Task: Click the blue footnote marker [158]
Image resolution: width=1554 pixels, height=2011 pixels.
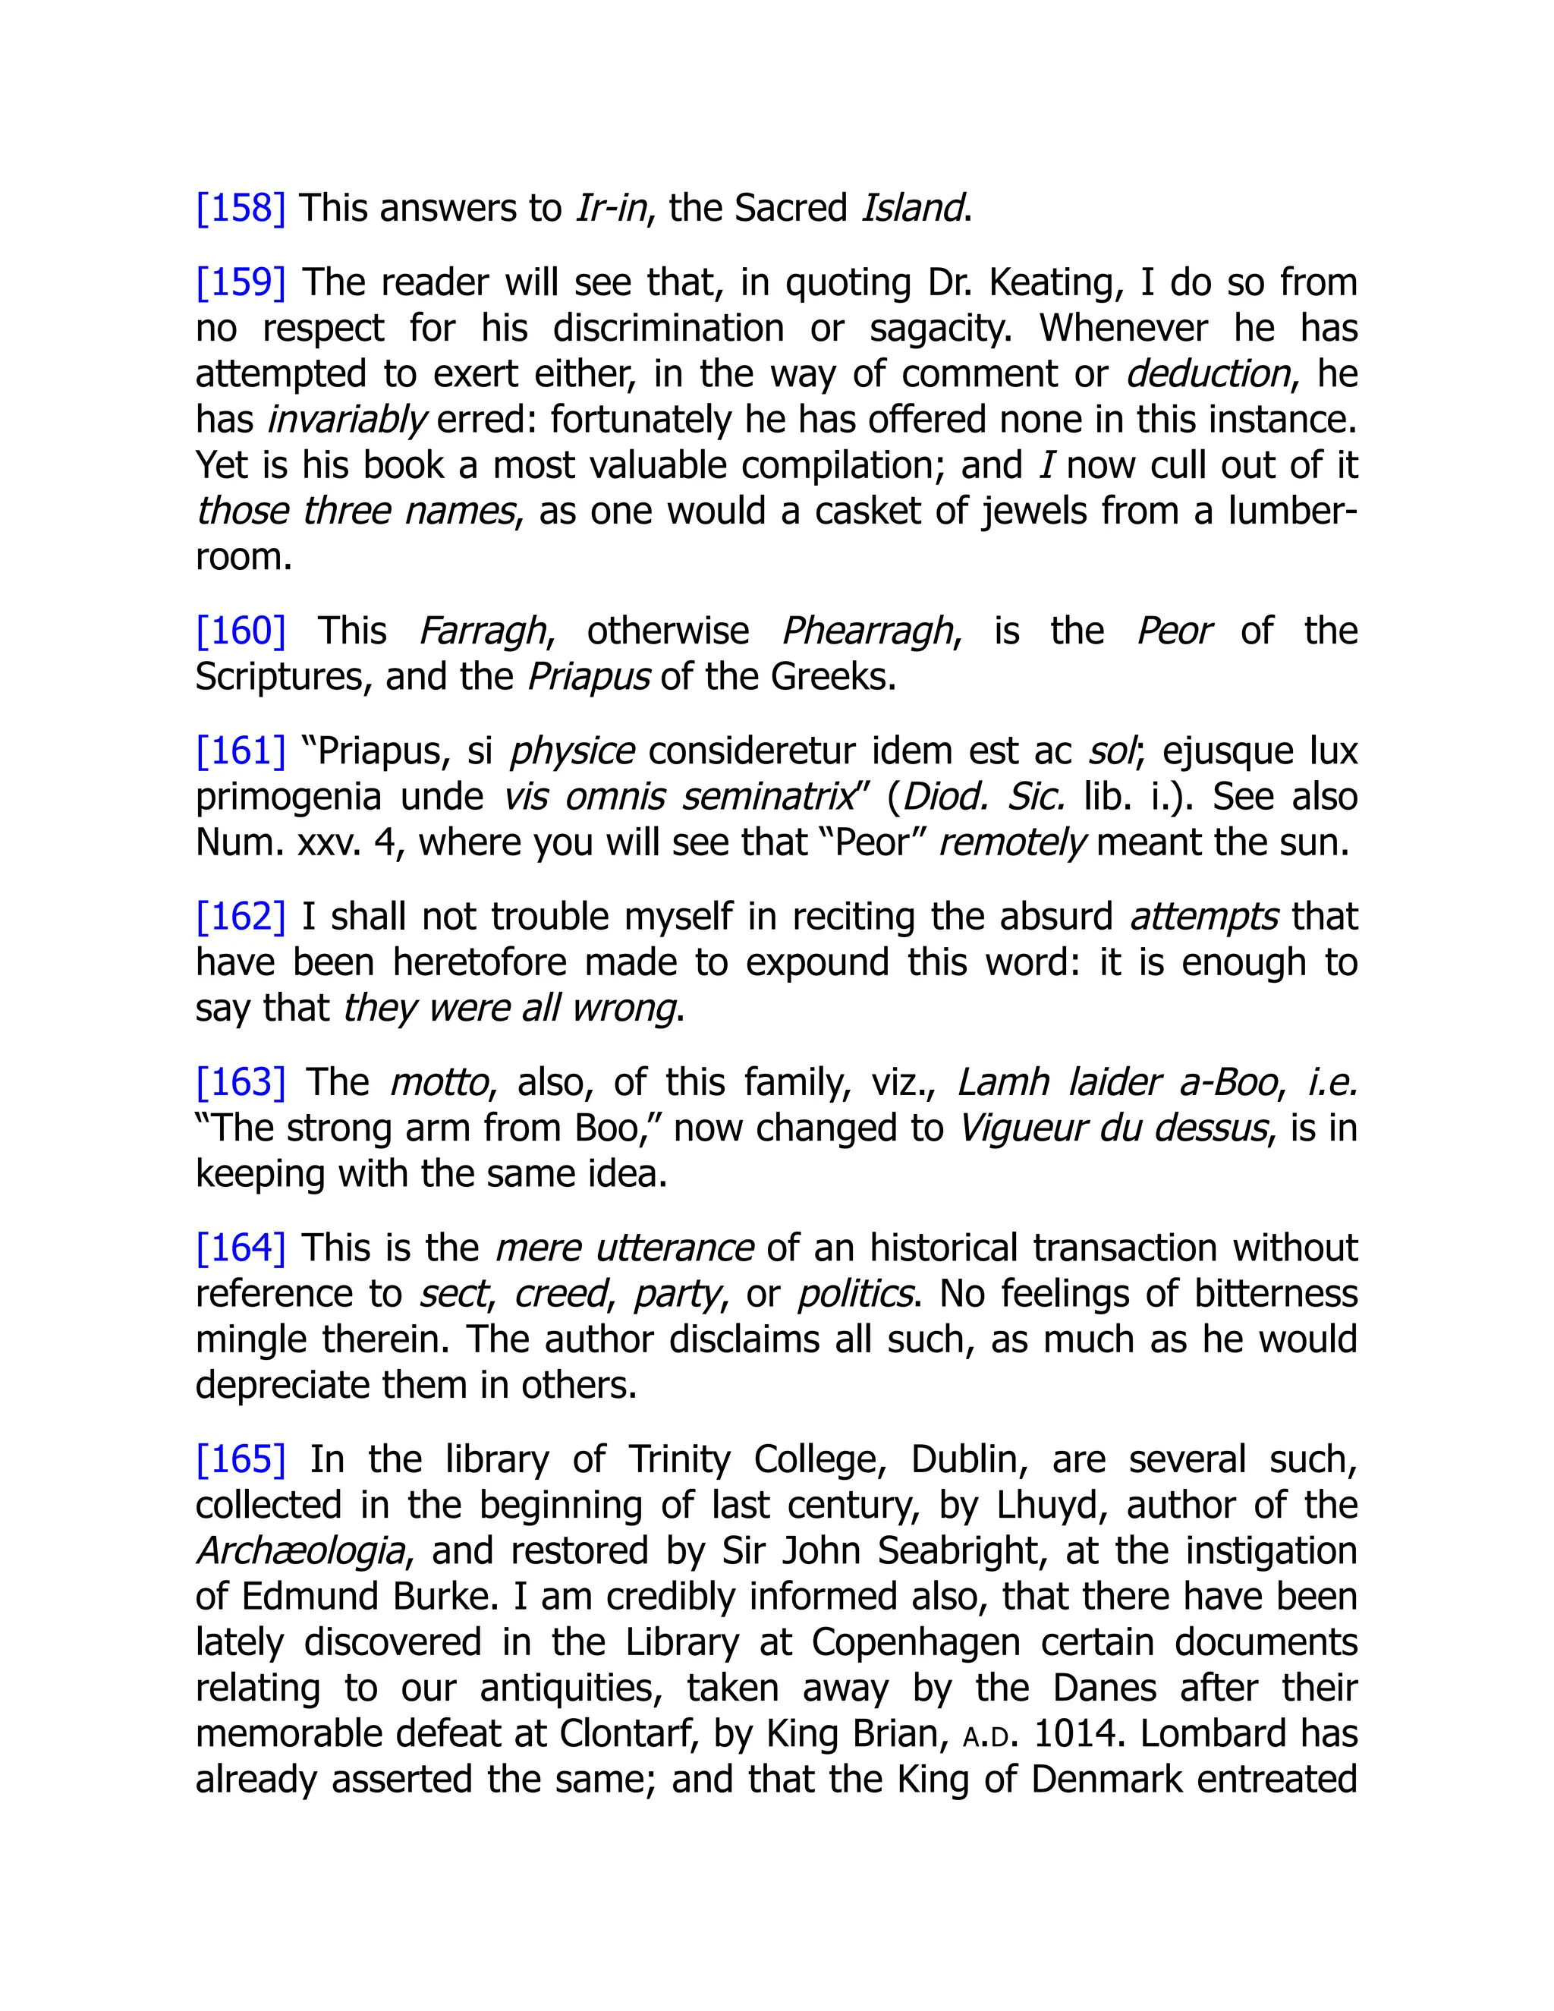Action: [x=241, y=208]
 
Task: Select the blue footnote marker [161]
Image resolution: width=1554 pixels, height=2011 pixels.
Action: [x=241, y=751]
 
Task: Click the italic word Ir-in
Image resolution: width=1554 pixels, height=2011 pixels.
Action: [x=612, y=208]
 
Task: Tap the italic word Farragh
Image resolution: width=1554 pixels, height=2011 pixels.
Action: [x=483, y=631]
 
